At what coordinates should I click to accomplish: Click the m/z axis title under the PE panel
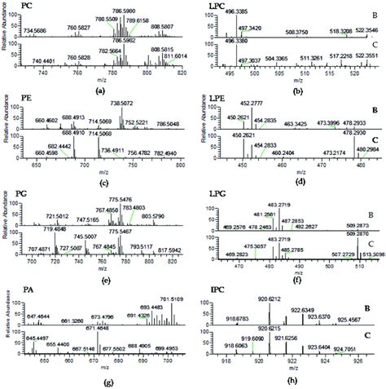(x=99, y=175)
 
